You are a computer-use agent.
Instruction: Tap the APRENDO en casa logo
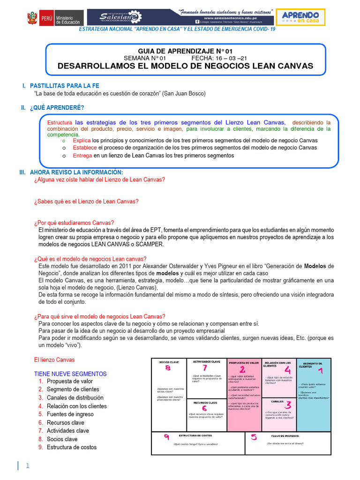click(300, 17)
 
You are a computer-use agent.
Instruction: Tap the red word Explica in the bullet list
click(82, 141)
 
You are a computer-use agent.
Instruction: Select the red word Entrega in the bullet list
click(83, 155)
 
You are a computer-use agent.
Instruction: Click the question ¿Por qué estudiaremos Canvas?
click(74, 223)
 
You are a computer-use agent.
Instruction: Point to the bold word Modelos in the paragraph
click(318, 266)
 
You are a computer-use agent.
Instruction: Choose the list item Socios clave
click(62, 439)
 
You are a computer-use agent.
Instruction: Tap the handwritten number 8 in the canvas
click(168, 368)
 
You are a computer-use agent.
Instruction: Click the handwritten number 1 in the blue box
click(320, 371)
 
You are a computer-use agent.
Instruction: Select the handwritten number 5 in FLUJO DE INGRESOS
click(254, 438)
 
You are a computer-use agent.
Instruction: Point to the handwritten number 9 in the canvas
click(166, 438)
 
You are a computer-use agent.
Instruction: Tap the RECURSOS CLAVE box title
click(206, 402)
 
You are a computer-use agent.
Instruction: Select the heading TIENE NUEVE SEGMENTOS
click(70, 374)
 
